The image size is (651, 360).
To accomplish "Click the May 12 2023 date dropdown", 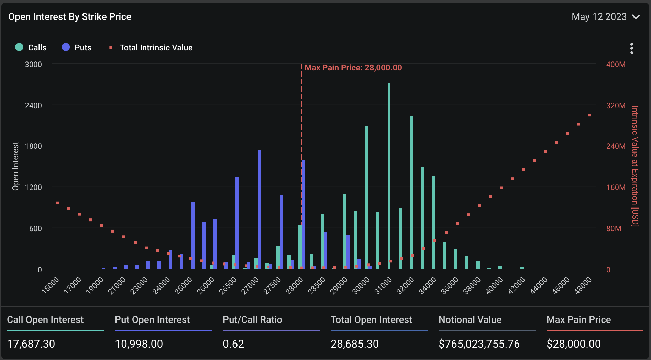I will (605, 17).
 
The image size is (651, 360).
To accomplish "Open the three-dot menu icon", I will (631, 48).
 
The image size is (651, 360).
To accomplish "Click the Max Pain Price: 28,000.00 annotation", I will (353, 68).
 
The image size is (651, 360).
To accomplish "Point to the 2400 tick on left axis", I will (33, 105).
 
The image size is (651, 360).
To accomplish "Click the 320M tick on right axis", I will (616, 105).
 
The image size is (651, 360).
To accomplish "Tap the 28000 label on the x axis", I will (295, 285).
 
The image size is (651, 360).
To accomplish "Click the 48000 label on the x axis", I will (584, 285).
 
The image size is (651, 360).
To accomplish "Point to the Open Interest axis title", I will (15, 166).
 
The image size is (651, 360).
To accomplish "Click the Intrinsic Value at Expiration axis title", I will (635, 166).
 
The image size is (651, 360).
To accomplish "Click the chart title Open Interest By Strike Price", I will (70, 17).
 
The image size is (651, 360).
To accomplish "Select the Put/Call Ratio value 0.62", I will (233, 344).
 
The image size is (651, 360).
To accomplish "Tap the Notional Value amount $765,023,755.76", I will (479, 344).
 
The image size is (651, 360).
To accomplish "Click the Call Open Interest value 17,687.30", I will (31, 344).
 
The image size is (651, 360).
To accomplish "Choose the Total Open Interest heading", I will (371, 320).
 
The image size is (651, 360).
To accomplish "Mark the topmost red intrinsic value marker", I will (590, 115).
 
